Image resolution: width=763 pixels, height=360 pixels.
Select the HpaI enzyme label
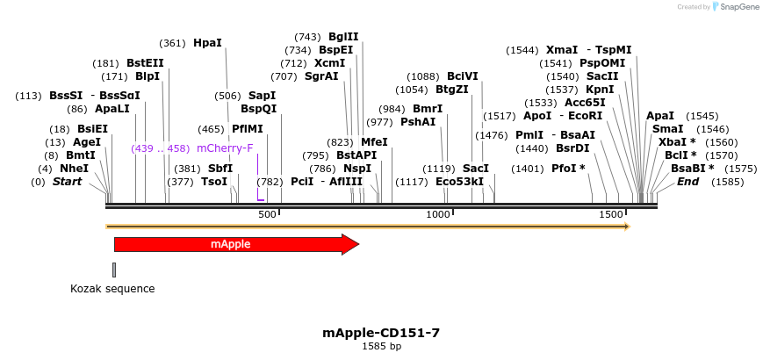[x=207, y=42]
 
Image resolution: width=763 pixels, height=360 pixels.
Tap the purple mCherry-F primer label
[x=225, y=148]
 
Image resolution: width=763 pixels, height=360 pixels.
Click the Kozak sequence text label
[x=112, y=288]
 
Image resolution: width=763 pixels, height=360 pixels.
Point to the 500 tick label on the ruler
[x=268, y=214]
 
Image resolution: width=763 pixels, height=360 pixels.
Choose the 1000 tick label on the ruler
[x=438, y=214]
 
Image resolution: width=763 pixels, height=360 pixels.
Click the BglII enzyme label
[x=343, y=37]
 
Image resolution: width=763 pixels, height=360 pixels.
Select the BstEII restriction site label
[x=145, y=63]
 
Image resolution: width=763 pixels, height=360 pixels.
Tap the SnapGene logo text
[x=735, y=7]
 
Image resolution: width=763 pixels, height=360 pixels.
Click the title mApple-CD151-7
[x=381, y=333]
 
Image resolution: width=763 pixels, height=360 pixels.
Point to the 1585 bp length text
[x=381, y=346]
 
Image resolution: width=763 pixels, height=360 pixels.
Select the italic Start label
[x=73, y=182]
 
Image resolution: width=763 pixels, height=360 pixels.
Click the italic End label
[x=687, y=182]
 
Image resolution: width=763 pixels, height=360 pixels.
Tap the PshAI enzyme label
[x=418, y=122]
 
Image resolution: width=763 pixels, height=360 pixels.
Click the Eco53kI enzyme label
[x=459, y=182]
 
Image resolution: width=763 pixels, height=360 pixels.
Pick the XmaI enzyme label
[x=562, y=50]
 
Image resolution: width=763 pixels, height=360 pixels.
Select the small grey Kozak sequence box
[x=114, y=270]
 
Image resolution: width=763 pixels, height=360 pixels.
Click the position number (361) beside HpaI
[x=173, y=43]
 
